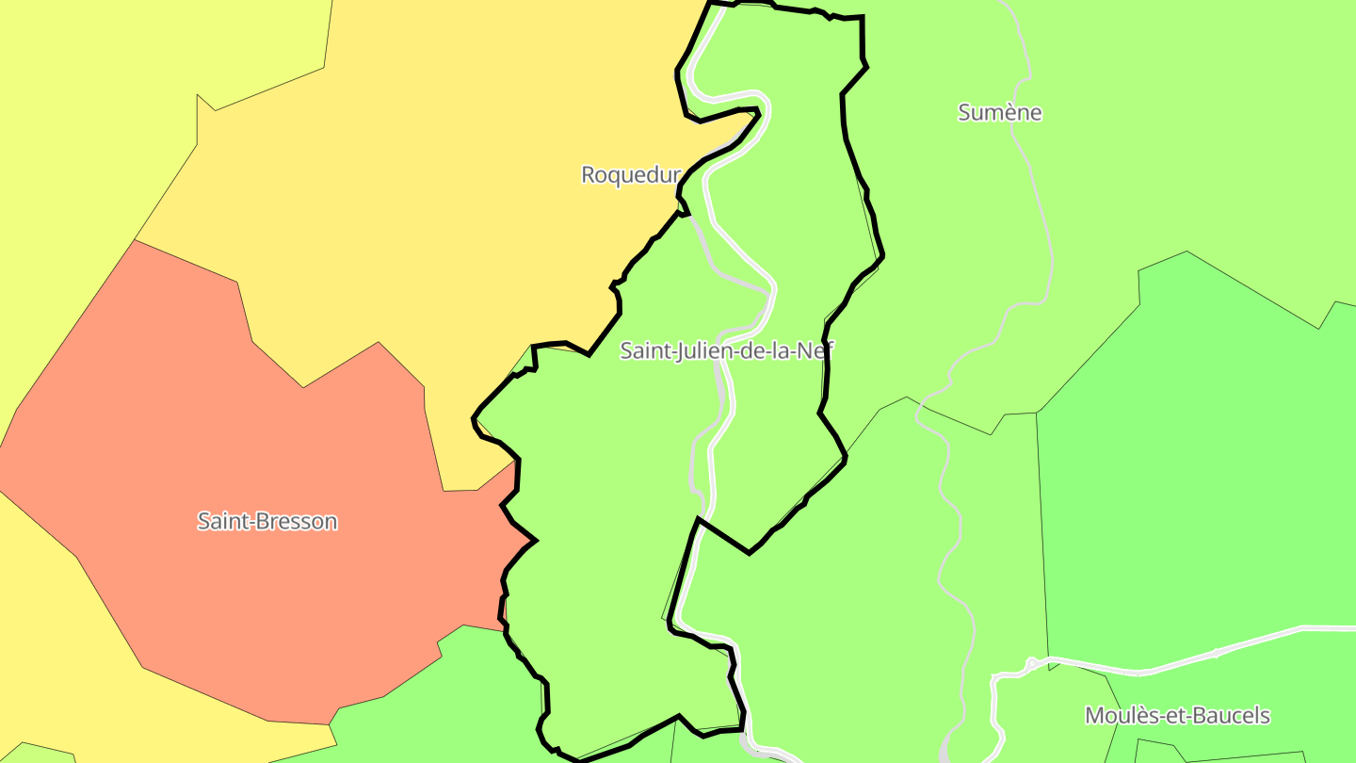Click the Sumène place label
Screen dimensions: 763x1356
coord(999,112)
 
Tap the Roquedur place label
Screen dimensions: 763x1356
coord(630,174)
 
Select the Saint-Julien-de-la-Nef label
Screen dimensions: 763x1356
coord(726,351)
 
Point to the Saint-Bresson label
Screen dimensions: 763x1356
coord(267,521)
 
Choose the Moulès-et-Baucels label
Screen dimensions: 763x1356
coord(1177,715)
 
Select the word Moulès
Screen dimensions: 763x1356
coord(1117,715)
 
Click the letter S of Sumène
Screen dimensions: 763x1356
coord(964,112)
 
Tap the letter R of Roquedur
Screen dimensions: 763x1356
coord(588,174)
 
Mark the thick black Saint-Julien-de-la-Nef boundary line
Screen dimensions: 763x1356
coord(863,38)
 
